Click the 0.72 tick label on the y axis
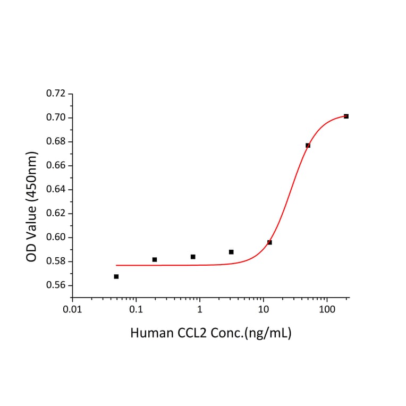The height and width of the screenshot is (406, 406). pos(56,94)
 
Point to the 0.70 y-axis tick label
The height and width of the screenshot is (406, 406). pos(56,117)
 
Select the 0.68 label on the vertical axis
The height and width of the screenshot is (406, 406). pos(56,141)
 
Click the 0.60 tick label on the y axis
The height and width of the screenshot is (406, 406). pos(56,238)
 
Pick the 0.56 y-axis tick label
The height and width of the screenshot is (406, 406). pos(56,285)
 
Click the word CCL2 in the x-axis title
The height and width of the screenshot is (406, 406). pos(191,333)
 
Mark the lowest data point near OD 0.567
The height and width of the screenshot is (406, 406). pos(116,276)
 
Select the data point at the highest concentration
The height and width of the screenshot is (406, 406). pos(346,116)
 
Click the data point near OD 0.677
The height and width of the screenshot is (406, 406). pos(308,145)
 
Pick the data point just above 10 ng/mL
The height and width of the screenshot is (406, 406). pos(269,242)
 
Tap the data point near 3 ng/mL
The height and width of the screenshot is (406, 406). pos(231,252)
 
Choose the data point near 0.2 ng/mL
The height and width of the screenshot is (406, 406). pos(155,259)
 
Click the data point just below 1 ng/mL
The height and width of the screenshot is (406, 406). pos(193,257)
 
